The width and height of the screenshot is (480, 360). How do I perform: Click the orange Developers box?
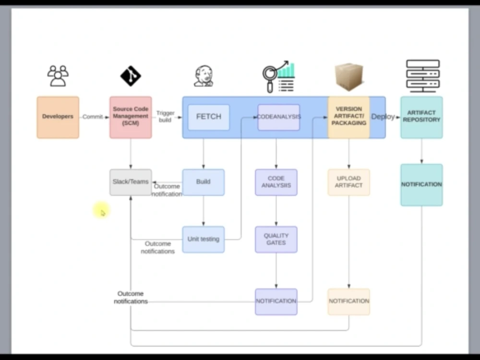pos(58,118)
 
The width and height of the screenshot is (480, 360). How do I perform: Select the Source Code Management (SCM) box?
pos(131,118)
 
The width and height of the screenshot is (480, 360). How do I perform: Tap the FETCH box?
pos(209,118)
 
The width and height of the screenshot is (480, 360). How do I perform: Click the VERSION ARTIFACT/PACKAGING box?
pos(348,118)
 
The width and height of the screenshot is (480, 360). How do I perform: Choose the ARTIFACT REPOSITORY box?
pos(421,118)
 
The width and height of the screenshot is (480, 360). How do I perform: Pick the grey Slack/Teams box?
pos(131,182)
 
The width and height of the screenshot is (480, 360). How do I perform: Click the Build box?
pos(204,182)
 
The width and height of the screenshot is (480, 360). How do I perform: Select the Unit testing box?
pos(204,240)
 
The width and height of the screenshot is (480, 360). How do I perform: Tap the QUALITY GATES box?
pos(276,240)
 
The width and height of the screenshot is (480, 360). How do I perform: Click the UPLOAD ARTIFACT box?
pos(348,182)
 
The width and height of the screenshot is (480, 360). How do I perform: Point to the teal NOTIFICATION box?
pos(421,185)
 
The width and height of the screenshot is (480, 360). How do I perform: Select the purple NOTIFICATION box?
pos(276,302)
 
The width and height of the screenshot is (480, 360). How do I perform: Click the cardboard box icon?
pos(349,77)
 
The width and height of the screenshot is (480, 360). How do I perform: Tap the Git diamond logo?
pos(131,76)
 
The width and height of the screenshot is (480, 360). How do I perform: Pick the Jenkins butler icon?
pos(204,76)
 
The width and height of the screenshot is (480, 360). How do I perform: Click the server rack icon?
pos(423,76)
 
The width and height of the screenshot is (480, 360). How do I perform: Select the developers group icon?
pos(58,76)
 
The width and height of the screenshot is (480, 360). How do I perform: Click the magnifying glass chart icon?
pos(278,76)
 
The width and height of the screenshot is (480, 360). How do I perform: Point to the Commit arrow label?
pos(93,117)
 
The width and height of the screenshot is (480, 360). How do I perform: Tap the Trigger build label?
pos(165,117)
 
